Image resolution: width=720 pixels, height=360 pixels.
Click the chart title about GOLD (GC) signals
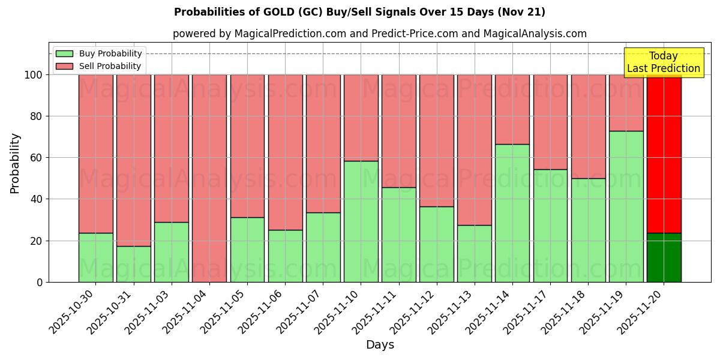tap(359, 12)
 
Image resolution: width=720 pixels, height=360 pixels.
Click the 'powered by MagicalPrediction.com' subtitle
tap(379, 34)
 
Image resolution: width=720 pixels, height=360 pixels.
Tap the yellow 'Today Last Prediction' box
tap(663, 62)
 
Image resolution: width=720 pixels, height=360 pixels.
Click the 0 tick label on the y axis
tap(40, 282)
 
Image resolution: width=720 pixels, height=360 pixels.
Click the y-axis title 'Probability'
tap(15, 163)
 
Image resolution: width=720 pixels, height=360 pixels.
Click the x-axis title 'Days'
tap(380, 345)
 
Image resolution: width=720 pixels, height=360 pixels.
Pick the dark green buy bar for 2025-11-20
tap(664, 258)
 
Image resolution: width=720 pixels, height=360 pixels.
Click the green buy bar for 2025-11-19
tap(626, 206)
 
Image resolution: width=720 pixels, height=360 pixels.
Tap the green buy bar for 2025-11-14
tap(512, 213)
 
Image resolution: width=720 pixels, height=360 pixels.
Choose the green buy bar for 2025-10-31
tap(133, 264)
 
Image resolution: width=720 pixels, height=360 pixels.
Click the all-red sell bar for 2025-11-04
tap(209, 178)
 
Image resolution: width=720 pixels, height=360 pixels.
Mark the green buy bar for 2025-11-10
tap(361, 221)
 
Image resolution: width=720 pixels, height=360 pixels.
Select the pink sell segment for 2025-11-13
tap(474, 150)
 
